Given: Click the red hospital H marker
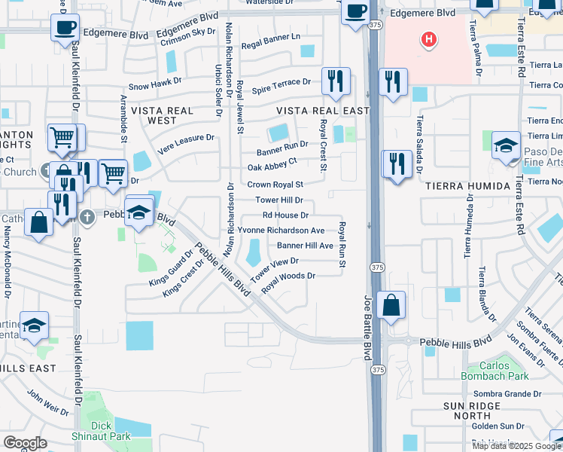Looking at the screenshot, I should [429, 39].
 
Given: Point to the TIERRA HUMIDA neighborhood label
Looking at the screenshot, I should [463, 185].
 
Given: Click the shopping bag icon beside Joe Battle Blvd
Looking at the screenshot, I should [391, 306].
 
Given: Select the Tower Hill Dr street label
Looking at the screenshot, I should [278, 200].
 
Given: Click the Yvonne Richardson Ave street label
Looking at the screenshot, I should [281, 230].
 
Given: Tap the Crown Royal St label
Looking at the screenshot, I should [275, 185].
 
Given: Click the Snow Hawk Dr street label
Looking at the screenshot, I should [155, 87].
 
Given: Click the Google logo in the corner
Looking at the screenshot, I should [26, 442].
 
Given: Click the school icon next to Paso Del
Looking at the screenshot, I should [507, 145].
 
